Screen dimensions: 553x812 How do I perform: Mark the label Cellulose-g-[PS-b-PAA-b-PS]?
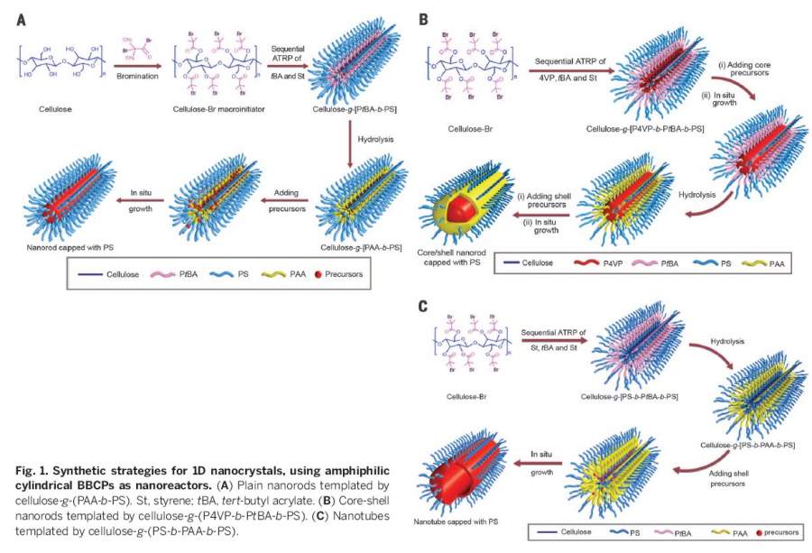(x=747, y=446)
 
